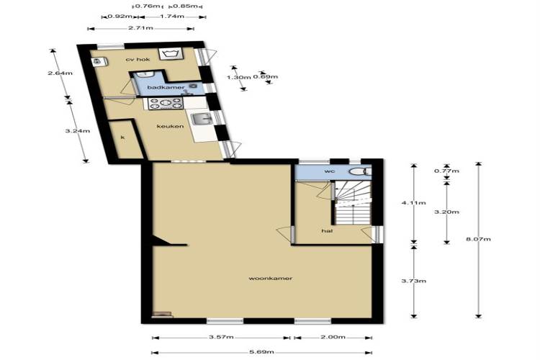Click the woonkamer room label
pos(270,278)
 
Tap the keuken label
pos(170,126)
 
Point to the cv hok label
pos(138,60)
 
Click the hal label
pos(327,231)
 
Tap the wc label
pos(330,171)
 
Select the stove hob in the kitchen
pos(166,104)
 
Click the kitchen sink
pos(202,120)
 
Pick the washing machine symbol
pos(170,55)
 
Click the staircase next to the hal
pos(352,204)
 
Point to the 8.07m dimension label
pos(478,239)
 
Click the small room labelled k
pos(125,139)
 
